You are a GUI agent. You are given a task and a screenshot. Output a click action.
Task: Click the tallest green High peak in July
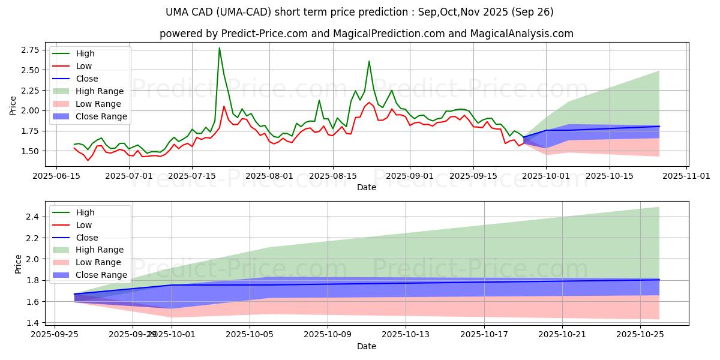point(219,48)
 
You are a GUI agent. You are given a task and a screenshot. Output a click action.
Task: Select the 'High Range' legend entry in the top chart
point(98,91)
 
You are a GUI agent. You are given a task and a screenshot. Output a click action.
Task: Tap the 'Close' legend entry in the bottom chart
point(86,237)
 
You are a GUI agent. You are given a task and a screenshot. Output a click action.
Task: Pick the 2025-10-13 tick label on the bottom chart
point(406,335)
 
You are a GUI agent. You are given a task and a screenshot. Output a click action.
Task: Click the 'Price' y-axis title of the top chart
point(13,105)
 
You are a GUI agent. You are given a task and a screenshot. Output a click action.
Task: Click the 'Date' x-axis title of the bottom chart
point(367,346)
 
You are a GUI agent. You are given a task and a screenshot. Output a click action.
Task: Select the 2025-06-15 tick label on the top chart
point(56,176)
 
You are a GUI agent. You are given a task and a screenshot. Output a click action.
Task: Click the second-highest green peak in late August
point(369,61)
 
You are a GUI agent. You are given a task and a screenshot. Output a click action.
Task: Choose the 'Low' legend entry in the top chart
point(85,66)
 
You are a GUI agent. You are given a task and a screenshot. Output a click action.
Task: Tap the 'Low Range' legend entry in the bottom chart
point(100,262)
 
